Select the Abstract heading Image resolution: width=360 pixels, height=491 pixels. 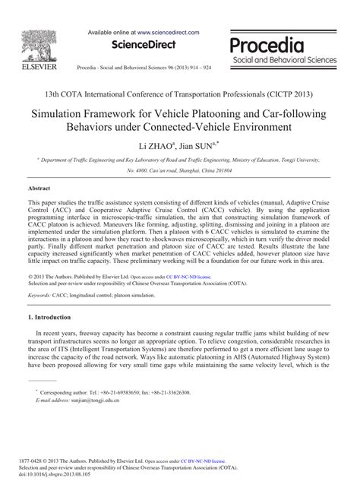tap(39, 186)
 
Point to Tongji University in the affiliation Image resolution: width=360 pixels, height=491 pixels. tap(317, 161)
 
